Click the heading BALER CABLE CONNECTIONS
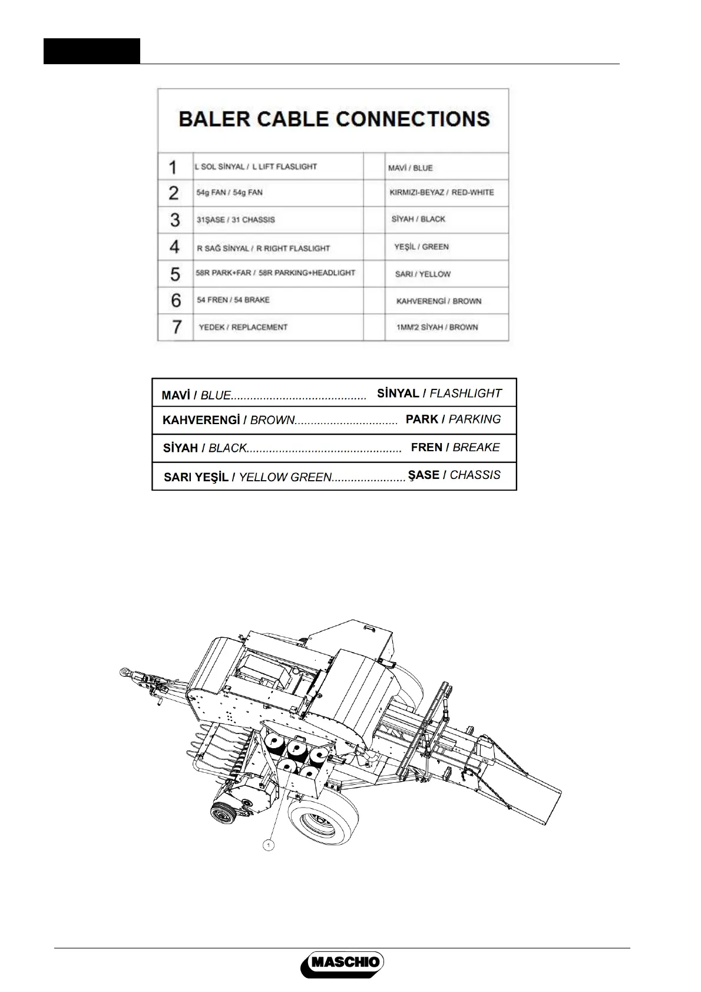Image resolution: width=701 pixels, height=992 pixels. pos(334,119)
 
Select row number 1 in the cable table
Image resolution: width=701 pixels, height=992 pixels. pos(173,167)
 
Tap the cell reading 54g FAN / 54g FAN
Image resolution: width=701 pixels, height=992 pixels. pos(230,193)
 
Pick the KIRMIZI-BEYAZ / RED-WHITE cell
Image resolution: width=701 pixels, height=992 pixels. pos(442,193)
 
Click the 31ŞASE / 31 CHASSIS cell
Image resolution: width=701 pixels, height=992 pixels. pos(236,220)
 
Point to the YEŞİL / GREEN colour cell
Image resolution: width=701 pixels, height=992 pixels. pos(421,247)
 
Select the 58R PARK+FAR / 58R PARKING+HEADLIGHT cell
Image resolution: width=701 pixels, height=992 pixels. pos(276,273)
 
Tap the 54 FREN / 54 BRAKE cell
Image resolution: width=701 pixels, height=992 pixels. pos(233,300)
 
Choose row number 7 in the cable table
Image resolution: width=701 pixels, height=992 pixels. pos(176,327)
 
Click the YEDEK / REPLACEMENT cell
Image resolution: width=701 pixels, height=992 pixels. pos(243,327)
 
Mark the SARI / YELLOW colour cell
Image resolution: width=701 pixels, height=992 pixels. pos(423,274)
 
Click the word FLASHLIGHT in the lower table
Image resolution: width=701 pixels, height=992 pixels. pos(465,394)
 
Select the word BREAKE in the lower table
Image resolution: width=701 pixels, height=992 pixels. pos(476,448)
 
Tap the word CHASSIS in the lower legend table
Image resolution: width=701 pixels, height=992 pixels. pos(475,475)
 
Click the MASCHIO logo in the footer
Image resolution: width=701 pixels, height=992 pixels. pos(342,964)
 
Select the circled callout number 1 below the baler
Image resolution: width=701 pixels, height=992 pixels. pos(268,845)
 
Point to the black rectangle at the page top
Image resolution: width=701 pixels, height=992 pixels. pos(92,51)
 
